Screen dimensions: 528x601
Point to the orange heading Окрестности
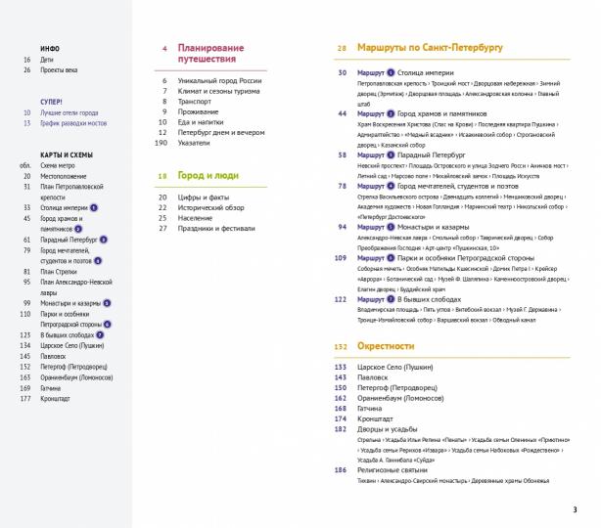point(386,346)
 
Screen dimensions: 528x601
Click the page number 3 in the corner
point(575,508)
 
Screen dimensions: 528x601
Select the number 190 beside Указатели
point(162,142)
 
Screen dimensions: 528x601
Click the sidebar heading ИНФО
point(50,48)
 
